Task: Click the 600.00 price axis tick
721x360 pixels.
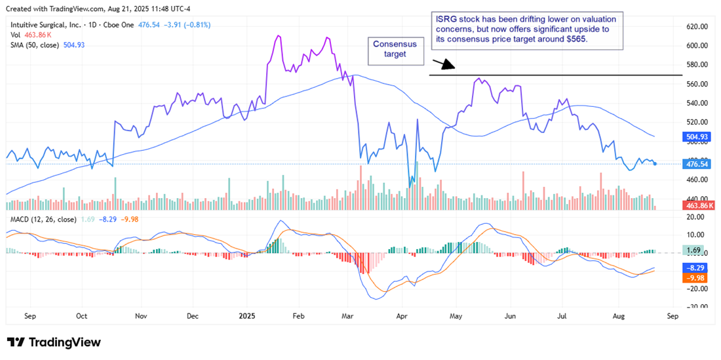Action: tap(697, 45)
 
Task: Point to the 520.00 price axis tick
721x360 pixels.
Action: tap(697, 122)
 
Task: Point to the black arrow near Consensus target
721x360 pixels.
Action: tap(443, 64)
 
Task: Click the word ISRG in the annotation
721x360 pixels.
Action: tap(446, 19)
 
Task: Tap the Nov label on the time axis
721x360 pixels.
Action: tap(141, 315)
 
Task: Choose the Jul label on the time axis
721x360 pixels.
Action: tap(562, 315)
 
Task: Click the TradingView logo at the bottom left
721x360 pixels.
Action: tap(54, 342)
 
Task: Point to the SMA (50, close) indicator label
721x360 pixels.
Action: tap(33, 45)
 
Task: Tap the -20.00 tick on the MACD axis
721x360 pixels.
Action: tap(697, 289)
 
